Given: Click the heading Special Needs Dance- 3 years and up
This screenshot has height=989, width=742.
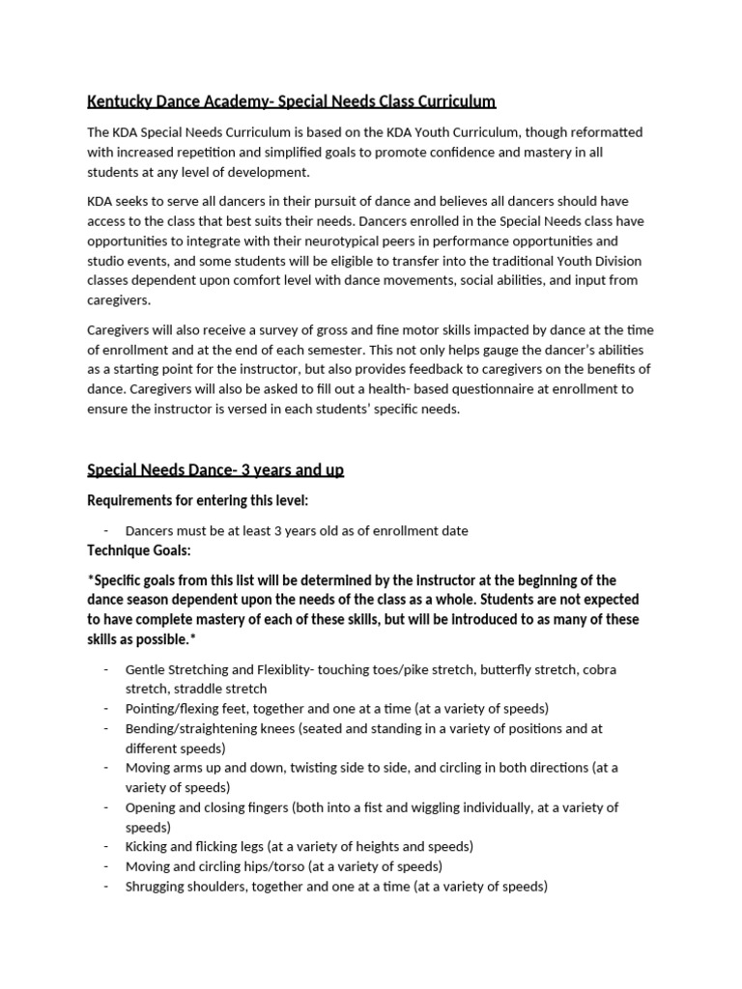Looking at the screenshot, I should pyautogui.click(x=215, y=470).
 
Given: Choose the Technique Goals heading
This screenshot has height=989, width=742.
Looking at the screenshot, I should pyautogui.click(x=139, y=550).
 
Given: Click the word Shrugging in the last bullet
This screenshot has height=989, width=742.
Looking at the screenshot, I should pyautogui.click(x=157, y=886).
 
